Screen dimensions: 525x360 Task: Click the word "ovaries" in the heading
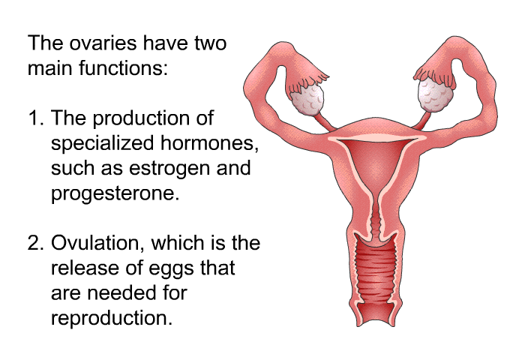click(x=103, y=43)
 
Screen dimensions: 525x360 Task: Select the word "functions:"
click(x=123, y=68)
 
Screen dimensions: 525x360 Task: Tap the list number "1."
click(x=36, y=118)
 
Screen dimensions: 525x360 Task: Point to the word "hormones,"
click(x=209, y=143)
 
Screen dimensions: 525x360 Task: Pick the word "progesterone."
click(x=115, y=193)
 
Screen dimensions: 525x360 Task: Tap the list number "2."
click(x=36, y=243)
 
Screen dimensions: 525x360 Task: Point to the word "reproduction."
click(x=112, y=318)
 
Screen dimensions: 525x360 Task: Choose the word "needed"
click(x=122, y=292)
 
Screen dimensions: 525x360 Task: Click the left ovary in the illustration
click(x=307, y=98)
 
